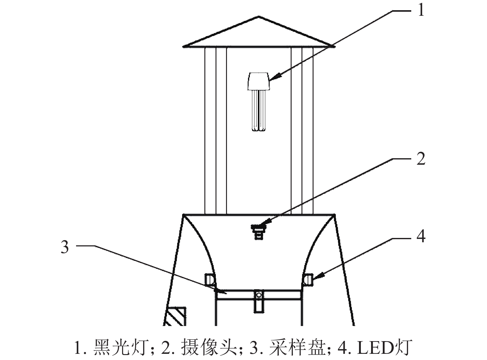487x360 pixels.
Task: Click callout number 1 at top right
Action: (x=421, y=10)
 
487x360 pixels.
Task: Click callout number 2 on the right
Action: (x=421, y=159)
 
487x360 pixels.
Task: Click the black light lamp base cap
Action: (x=258, y=81)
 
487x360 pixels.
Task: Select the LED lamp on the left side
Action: (x=209, y=279)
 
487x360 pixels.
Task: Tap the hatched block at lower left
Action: (x=176, y=316)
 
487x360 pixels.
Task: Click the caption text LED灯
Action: (x=385, y=348)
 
